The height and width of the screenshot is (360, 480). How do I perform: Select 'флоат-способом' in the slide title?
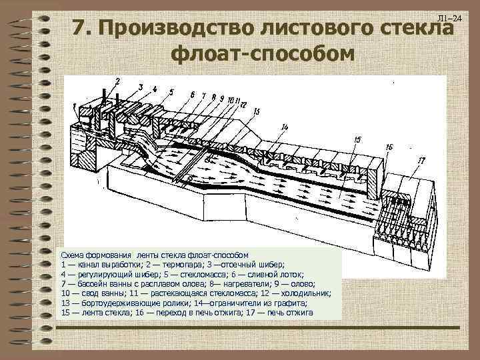[261, 53]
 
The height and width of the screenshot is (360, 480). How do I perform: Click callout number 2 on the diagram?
[117, 81]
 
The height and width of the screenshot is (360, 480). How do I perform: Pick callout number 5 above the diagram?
[171, 93]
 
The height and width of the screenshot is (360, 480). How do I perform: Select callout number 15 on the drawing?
[357, 139]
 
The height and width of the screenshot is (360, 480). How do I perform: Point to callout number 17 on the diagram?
[421, 160]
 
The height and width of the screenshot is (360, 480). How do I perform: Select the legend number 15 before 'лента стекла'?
[65, 312]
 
